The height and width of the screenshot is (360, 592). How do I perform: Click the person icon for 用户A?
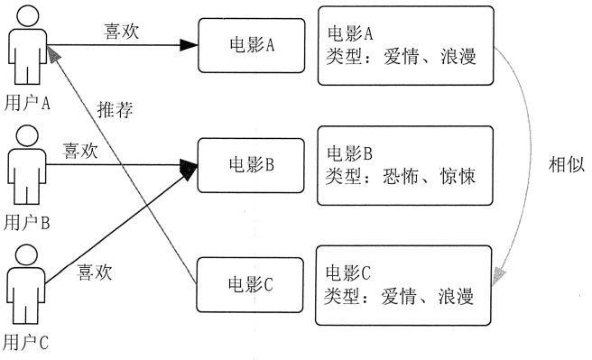(x=27, y=48)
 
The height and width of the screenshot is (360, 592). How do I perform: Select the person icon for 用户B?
(x=27, y=167)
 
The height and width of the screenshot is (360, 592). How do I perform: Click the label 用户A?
(x=28, y=103)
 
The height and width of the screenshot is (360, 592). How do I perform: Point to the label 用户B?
(x=26, y=221)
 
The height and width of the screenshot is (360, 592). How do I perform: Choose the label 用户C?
(x=26, y=343)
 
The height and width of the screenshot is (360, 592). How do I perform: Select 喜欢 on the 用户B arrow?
(x=80, y=150)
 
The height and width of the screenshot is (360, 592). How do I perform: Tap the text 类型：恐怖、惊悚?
(x=399, y=175)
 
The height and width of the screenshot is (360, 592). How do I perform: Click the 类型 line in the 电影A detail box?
(x=399, y=56)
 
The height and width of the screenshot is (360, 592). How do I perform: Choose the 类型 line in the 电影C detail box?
(x=399, y=294)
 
